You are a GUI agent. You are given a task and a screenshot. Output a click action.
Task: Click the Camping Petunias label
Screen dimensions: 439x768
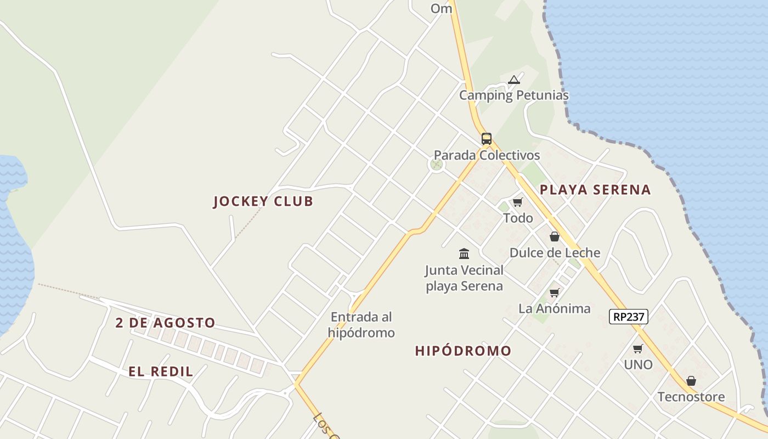pos(513,95)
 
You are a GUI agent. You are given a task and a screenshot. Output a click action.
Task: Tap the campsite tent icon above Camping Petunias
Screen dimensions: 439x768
pos(513,80)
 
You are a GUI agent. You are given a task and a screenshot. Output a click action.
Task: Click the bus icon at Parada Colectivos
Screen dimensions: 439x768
pos(487,138)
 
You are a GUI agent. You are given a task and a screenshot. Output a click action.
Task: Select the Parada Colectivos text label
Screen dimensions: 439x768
pos(487,155)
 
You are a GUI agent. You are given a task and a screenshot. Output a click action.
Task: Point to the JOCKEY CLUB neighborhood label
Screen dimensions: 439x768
pos(263,201)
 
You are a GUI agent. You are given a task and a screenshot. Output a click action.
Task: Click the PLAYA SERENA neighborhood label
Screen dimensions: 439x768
pos(595,190)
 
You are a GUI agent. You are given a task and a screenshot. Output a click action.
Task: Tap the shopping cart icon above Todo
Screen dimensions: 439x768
pos(517,202)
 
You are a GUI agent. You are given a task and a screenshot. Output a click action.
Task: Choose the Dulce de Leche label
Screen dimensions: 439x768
pos(555,253)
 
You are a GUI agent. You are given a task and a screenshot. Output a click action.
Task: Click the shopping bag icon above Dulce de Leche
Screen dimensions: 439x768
pos(555,237)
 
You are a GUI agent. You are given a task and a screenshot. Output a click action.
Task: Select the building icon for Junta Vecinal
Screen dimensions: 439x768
pos(464,254)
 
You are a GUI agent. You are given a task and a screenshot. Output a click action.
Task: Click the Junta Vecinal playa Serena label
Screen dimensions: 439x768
pos(464,278)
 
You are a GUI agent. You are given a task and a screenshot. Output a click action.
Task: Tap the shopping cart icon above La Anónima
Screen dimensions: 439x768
pos(555,292)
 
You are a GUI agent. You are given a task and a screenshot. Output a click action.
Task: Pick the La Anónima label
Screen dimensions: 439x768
pos(555,308)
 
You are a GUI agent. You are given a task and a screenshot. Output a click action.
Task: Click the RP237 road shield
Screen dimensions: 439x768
pos(629,317)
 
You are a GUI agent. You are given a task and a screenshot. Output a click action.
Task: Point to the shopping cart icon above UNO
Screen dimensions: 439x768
pos(638,348)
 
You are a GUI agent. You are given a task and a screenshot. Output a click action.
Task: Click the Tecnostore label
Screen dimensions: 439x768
pos(691,397)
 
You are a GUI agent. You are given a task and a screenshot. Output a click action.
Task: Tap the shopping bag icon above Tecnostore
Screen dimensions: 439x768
pos(691,381)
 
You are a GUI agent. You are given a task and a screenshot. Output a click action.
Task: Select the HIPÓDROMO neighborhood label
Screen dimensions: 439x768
pos(463,351)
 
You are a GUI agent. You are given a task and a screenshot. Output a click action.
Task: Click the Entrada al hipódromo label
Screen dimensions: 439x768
pos(362,325)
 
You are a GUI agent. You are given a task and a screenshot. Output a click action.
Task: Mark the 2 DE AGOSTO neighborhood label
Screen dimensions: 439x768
pos(165,323)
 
